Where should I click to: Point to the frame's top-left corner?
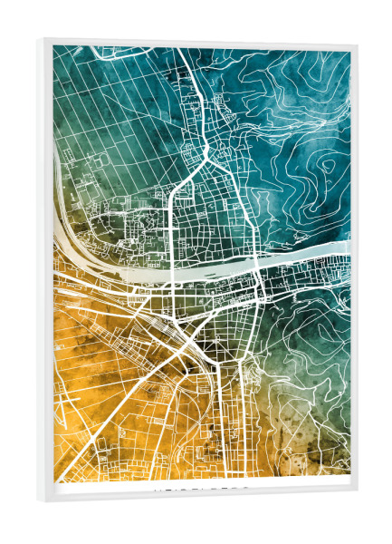tap(43, 39)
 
